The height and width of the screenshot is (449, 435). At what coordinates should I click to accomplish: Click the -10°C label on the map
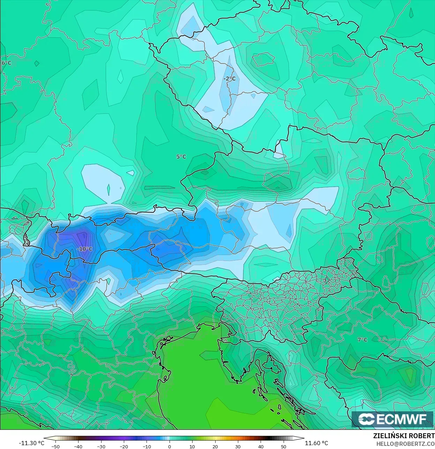point(85,249)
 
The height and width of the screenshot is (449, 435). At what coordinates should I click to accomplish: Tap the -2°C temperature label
point(230,79)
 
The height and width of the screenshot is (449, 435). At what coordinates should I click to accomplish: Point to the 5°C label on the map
point(181,157)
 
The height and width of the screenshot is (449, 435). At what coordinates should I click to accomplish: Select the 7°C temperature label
point(362,340)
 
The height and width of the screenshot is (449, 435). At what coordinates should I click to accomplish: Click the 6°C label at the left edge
point(6,63)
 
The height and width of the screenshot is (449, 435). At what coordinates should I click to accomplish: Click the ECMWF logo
point(392,419)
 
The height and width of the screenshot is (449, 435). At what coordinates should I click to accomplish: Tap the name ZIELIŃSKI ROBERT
point(404,436)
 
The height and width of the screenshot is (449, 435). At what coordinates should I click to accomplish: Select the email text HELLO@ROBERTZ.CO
point(405,444)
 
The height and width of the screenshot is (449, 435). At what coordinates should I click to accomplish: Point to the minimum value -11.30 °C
point(31,443)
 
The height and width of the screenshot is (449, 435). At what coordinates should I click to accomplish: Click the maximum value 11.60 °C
point(316,443)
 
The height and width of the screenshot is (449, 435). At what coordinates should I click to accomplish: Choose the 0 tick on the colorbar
point(170,447)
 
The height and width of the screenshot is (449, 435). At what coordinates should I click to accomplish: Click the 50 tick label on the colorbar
point(284,447)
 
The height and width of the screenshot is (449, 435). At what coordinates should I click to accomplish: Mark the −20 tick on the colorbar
point(123,447)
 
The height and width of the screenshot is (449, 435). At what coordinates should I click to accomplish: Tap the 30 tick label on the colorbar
point(238,447)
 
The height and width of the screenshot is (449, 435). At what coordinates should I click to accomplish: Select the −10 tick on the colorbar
point(147,447)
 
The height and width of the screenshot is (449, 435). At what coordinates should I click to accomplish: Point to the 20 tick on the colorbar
point(215,447)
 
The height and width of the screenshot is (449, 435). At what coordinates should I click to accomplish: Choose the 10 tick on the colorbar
point(192,447)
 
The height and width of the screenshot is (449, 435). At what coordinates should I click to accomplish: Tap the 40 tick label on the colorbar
point(261,447)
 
